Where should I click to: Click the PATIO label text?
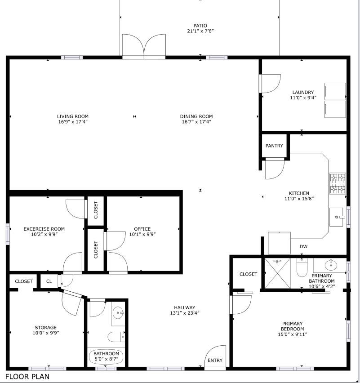tap(200, 26)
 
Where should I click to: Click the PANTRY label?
tap(274, 146)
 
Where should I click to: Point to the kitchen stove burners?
tap(338, 184)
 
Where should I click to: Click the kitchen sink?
tap(338, 217)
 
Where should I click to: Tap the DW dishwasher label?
tap(304, 246)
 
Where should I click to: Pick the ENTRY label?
tap(215, 360)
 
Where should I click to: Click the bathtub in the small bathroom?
tap(107, 356)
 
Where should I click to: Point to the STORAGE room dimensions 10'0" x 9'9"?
tap(45, 333)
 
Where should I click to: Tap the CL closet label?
tap(49, 281)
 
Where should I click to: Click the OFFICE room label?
tap(142, 229)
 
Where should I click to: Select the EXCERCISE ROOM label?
tap(44, 229)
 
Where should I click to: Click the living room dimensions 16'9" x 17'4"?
tap(72, 122)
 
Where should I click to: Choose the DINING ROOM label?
tap(196, 116)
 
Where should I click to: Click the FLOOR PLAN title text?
tap(27, 376)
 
